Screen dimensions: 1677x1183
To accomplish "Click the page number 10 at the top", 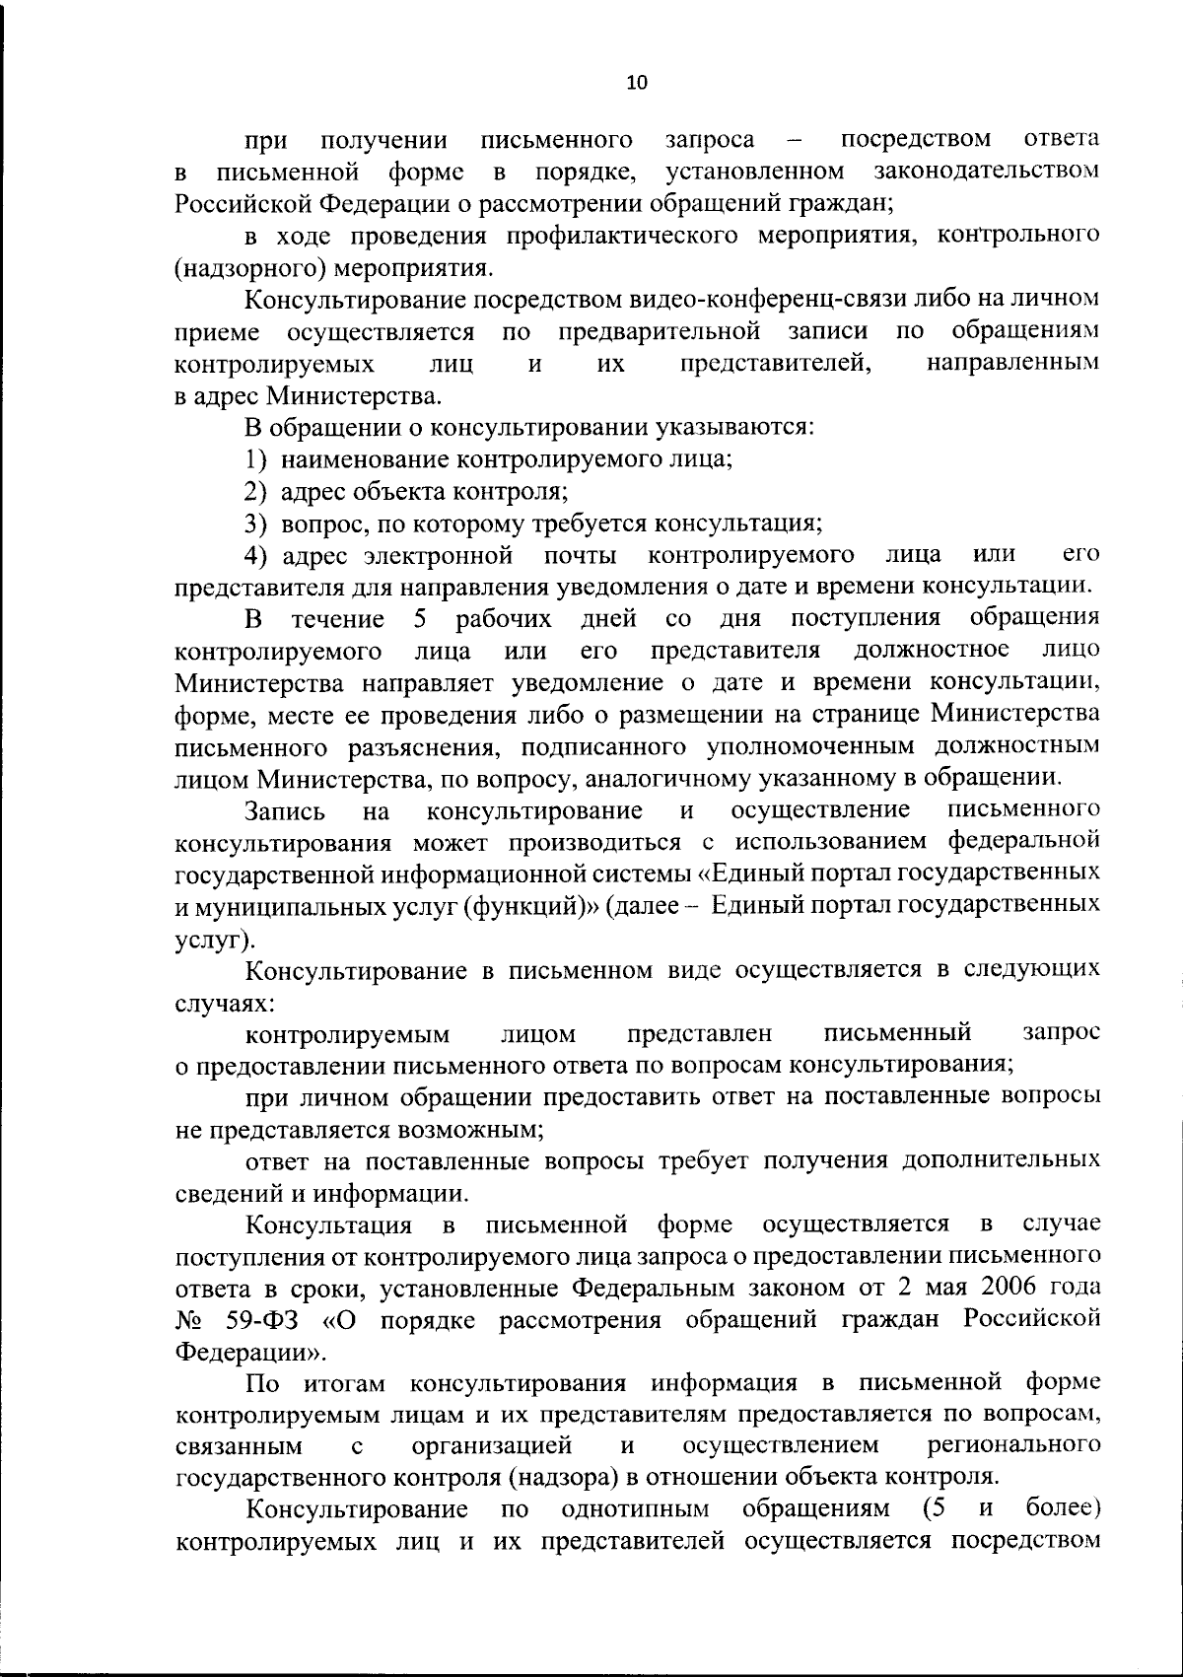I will coord(637,83).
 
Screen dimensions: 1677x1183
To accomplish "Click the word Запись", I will coord(285,810).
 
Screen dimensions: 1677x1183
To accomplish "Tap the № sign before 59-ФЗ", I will coord(190,1320).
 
